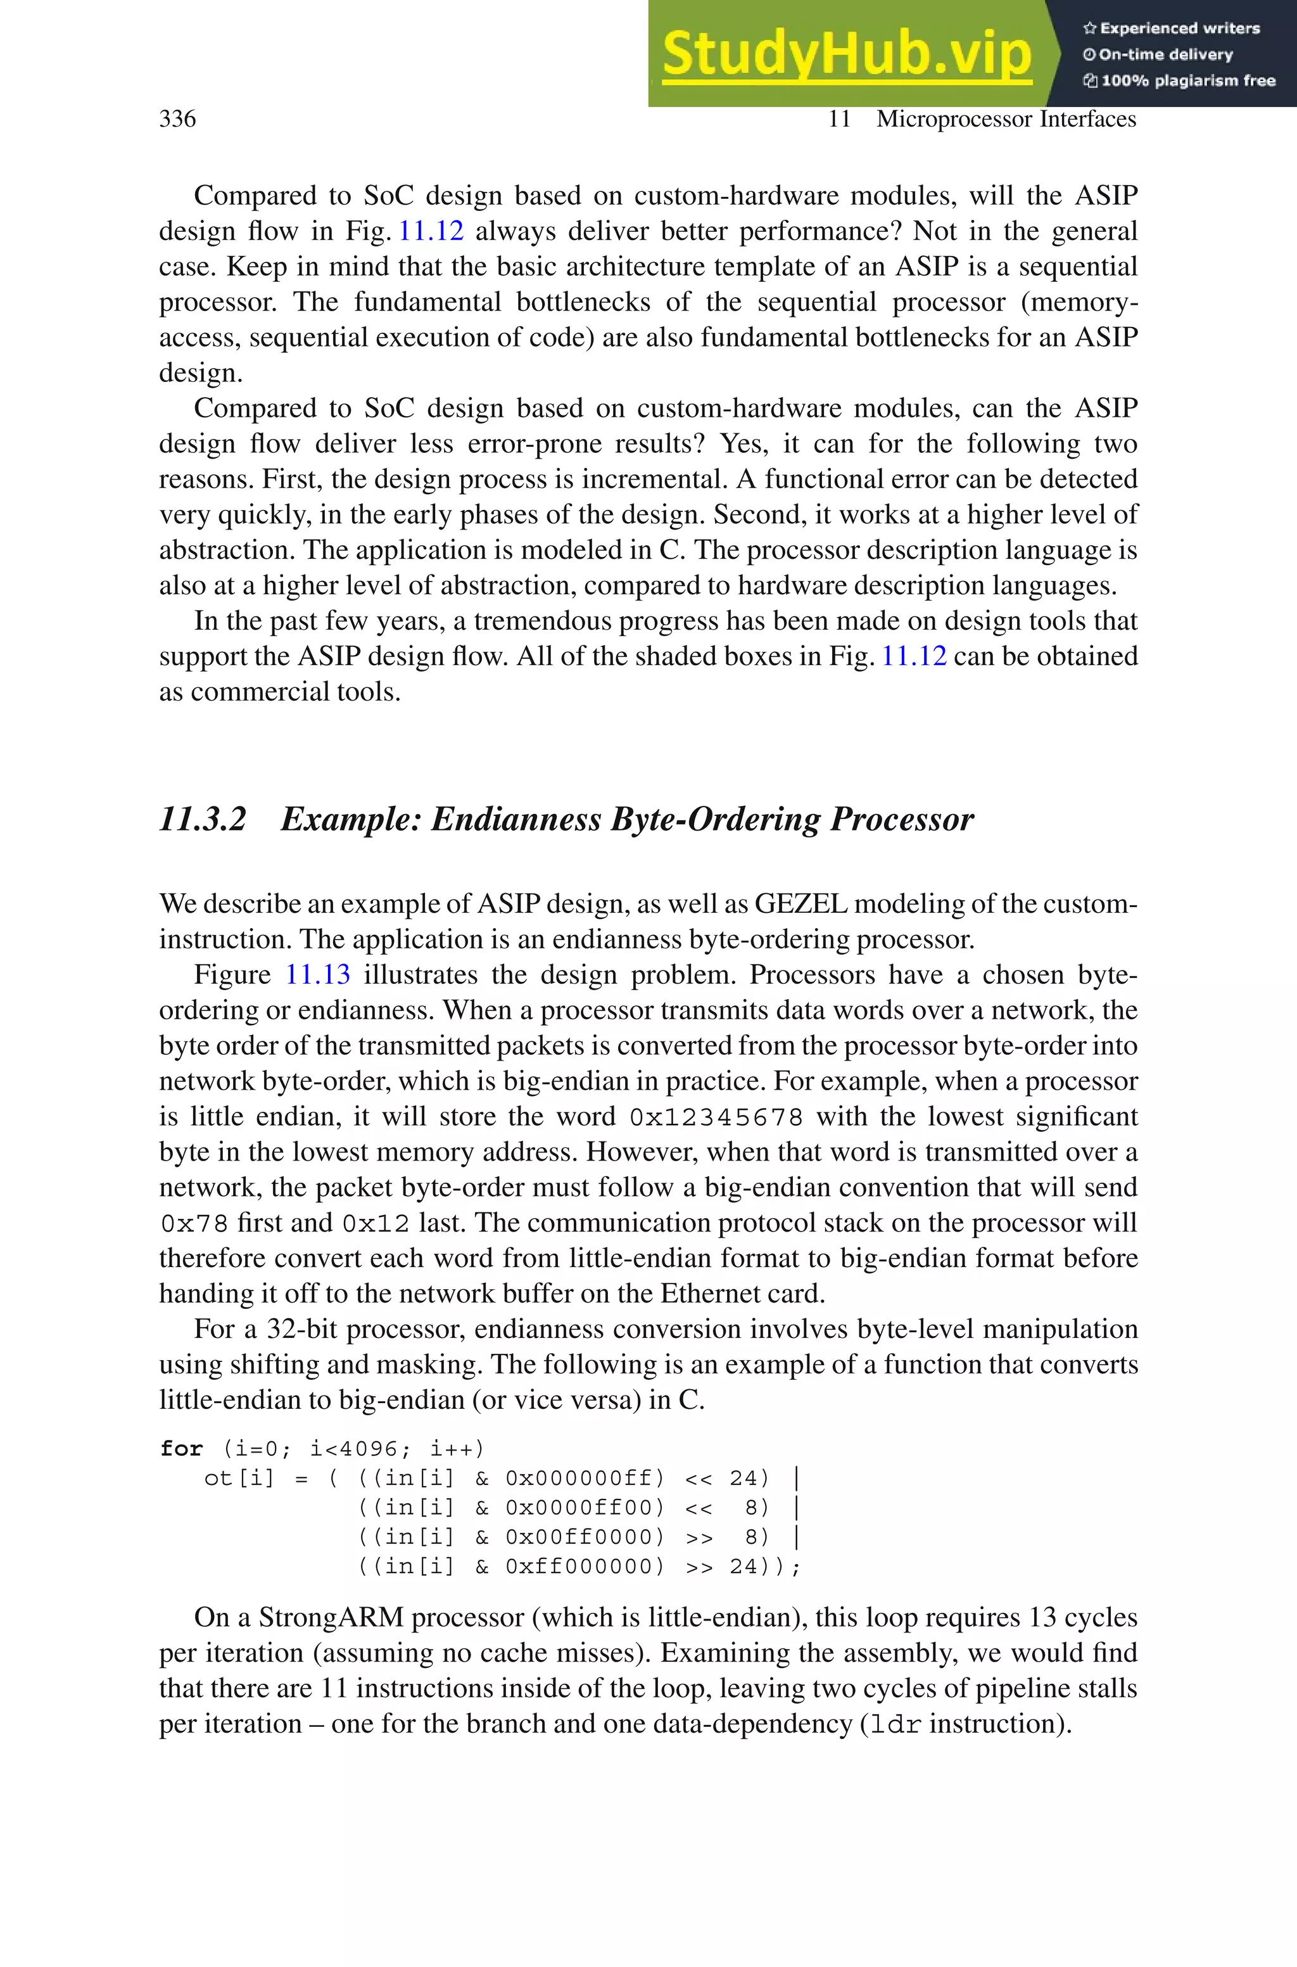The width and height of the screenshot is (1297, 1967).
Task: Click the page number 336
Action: point(177,119)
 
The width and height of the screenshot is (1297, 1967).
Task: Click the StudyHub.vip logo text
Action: point(846,54)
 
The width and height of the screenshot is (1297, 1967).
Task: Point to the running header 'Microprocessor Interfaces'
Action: point(1006,119)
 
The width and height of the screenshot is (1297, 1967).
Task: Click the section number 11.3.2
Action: point(203,819)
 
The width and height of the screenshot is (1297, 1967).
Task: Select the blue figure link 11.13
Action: point(318,974)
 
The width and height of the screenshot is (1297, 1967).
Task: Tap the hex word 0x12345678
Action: point(716,1117)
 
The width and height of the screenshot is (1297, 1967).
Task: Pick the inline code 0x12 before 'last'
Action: point(376,1223)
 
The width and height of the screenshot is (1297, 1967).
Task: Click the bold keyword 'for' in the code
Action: point(181,1449)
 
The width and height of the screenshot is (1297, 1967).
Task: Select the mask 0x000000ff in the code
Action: point(584,1478)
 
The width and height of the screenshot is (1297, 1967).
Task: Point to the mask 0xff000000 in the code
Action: point(584,1567)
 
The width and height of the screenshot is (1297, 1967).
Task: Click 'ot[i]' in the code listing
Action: point(238,1478)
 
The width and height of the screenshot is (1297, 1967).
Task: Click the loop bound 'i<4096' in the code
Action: point(353,1449)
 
